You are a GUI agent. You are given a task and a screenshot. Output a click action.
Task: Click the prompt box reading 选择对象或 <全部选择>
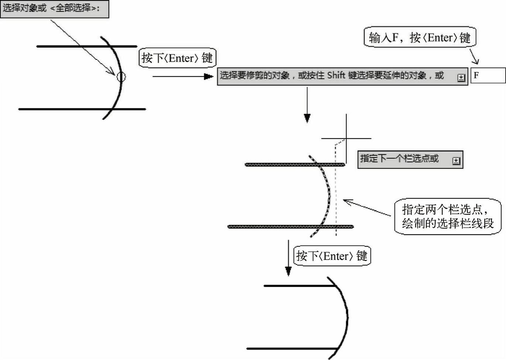(x=55, y=9)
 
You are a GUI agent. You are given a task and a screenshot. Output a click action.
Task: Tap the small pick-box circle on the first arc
(x=121, y=77)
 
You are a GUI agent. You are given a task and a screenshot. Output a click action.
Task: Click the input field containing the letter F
(x=488, y=75)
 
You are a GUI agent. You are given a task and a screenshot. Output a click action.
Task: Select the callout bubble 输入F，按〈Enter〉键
(x=420, y=37)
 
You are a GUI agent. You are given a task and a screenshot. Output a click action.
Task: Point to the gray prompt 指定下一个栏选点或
(x=410, y=160)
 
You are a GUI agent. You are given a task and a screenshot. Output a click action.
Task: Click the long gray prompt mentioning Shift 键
(x=342, y=76)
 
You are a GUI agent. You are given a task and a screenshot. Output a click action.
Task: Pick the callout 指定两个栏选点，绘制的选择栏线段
(x=448, y=216)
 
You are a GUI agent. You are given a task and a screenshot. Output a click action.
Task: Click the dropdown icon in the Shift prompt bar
(x=461, y=78)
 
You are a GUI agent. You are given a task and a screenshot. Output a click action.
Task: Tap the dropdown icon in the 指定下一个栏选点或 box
(x=456, y=161)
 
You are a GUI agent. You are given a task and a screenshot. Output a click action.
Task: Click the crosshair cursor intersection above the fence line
(x=346, y=138)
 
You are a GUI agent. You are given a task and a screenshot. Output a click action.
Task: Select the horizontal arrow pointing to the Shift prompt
(x=183, y=76)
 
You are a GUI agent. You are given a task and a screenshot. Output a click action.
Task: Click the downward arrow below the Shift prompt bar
(x=307, y=105)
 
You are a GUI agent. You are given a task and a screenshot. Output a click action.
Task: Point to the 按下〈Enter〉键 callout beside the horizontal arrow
(x=177, y=58)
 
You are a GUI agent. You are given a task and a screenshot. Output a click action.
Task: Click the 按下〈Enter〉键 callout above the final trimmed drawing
(x=332, y=256)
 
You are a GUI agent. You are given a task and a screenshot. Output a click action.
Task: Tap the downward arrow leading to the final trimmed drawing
(x=288, y=258)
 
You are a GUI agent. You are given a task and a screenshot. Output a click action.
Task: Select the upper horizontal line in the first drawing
(x=87, y=46)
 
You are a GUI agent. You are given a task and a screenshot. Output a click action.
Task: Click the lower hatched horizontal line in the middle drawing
(x=291, y=227)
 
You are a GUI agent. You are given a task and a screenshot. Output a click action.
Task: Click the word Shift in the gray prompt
(x=336, y=75)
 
